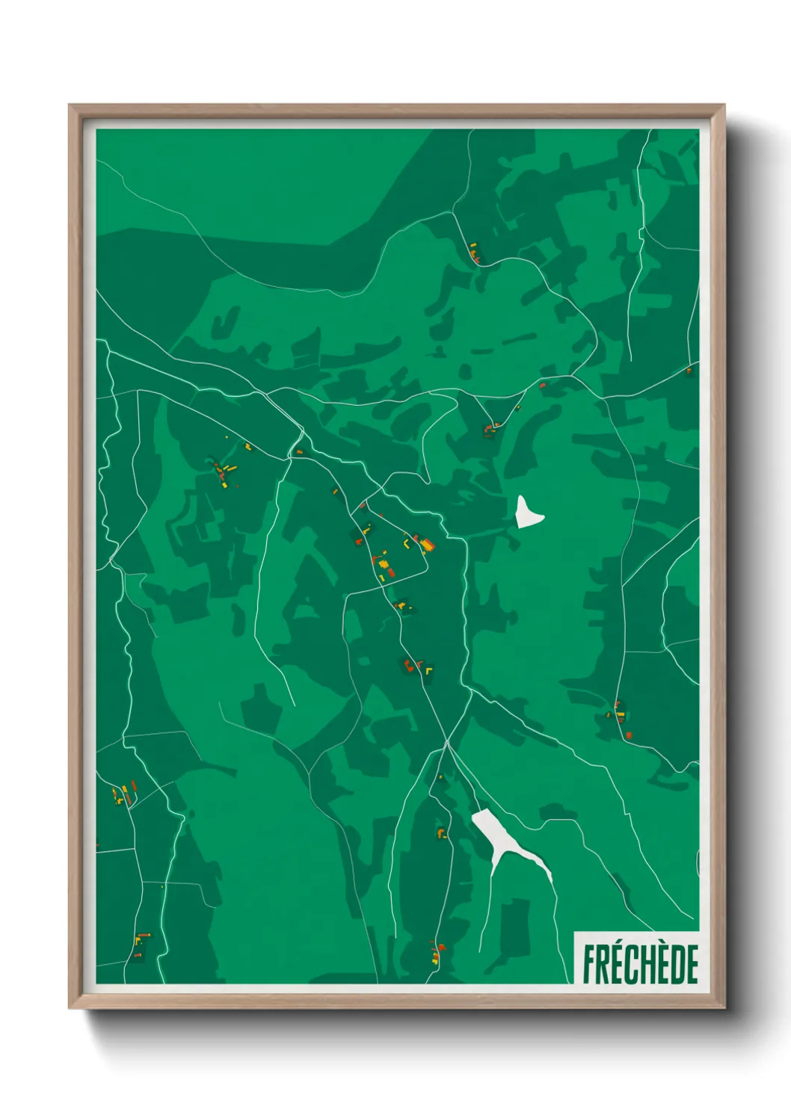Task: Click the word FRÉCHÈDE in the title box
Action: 640,964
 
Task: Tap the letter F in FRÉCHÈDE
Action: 590,965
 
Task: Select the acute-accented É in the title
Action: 619,964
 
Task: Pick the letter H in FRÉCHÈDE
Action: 644,965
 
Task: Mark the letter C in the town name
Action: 632,965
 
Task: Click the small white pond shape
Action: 527,513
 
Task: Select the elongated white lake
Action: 508,841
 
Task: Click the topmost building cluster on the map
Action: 474,253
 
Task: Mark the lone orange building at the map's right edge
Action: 689,370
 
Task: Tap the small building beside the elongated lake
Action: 442,832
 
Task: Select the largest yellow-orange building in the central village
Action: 426,545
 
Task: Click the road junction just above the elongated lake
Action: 446,744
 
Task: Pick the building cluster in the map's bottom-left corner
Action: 139,943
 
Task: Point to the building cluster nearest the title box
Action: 436,951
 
